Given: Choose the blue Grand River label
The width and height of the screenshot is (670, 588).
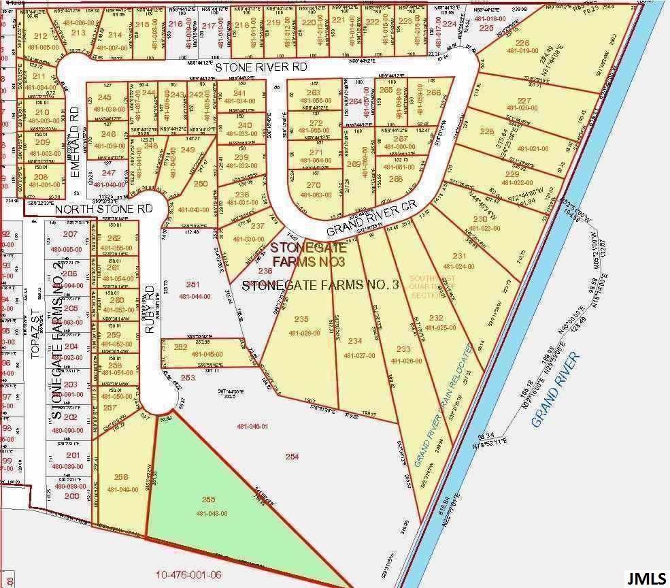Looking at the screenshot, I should pyautogui.click(x=554, y=391).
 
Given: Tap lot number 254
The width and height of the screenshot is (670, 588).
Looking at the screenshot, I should pyautogui.click(x=292, y=457).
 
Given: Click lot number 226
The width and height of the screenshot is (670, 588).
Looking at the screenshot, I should pyautogui.click(x=522, y=43).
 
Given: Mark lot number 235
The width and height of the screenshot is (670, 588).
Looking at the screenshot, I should pyautogui.click(x=302, y=319).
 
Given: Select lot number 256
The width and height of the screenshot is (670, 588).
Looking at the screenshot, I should pyautogui.click(x=122, y=477).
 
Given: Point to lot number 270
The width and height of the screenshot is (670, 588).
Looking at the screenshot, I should pyautogui.click(x=313, y=185).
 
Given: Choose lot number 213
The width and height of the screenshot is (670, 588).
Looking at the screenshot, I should pyautogui.click(x=78, y=32).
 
